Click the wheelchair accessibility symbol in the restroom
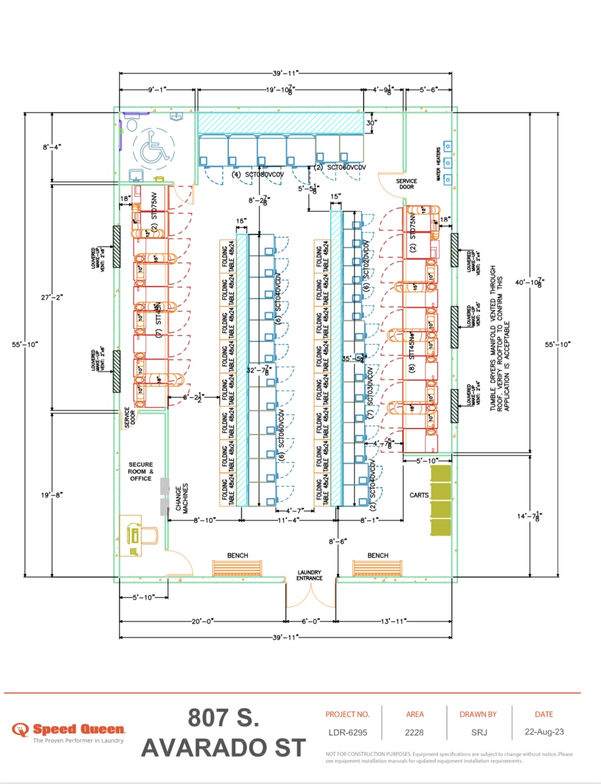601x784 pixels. point(154,148)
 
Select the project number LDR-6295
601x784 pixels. point(348,732)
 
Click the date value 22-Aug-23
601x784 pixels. point(544,732)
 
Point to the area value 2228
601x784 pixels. point(415,732)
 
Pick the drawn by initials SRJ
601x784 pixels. point(478,732)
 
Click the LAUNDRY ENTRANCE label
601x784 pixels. point(309,575)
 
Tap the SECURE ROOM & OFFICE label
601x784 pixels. point(140,471)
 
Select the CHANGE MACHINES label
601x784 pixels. point(182,498)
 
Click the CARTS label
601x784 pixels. point(419,495)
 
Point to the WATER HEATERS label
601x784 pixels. point(438,163)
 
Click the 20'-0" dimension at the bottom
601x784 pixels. point(202,621)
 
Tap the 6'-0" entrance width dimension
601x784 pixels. point(311,621)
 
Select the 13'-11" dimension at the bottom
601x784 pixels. point(393,621)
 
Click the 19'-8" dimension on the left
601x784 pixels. point(52,495)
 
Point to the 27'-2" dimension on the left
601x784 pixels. point(52,297)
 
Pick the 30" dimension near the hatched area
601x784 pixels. point(371,123)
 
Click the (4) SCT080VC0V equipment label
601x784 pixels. point(258,174)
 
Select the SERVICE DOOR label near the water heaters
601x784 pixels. point(406,184)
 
